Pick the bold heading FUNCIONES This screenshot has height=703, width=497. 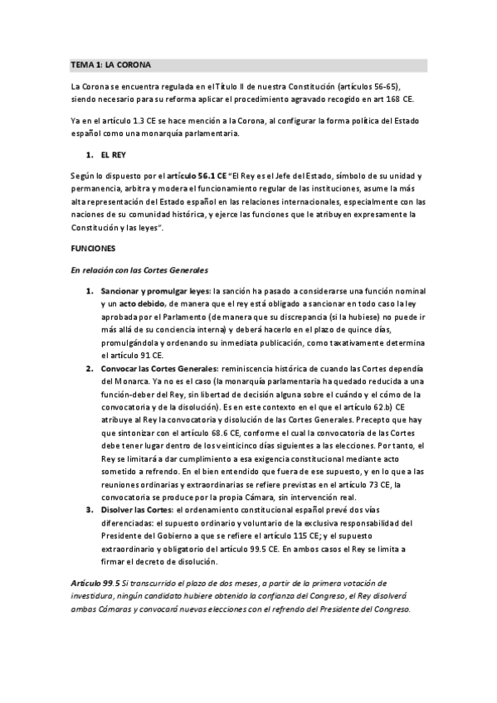click(94, 248)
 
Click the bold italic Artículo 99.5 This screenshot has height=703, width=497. click(95, 584)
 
